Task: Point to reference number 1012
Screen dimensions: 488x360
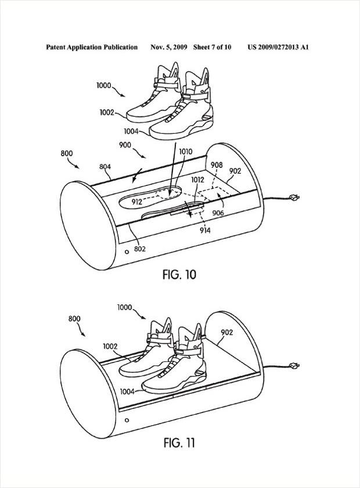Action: pyautogui.click(x=197, y=180)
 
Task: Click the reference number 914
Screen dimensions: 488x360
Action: pyautogui.click(x=205, y=231)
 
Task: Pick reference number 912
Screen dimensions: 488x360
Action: pyautogui.click(x=137, y=202)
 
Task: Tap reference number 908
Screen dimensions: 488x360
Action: pyautogui.click(x=217, y=166)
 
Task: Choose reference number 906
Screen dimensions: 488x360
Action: pyautogui.click(x=218, y=213)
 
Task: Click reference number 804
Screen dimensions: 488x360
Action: pyautogui.click(x=105, y=167)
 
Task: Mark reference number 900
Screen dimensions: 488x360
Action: pyautogui.click(x=125, y=145)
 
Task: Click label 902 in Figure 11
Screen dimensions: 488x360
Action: pyautogui.click(x=227, y=332)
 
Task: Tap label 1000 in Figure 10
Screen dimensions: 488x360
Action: pyautogui.click(x=104, y=85)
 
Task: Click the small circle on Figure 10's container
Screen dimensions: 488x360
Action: pyautogui.click(x=127, y=252)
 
